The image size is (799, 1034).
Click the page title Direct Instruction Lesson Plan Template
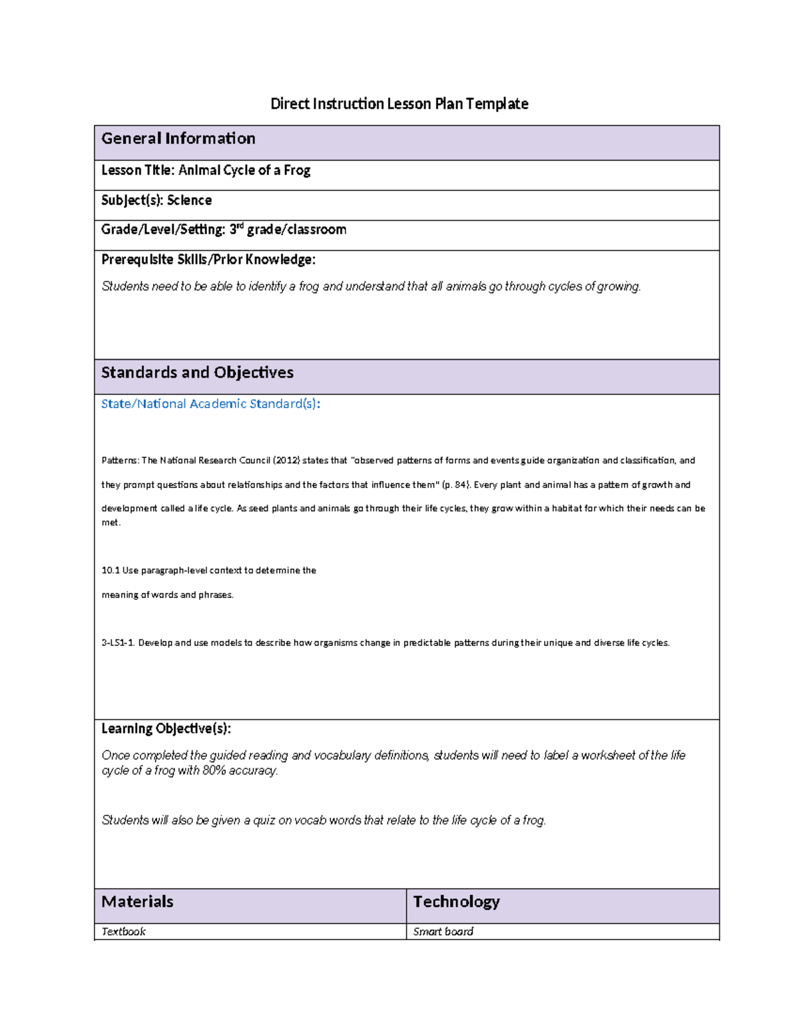coord(399,104)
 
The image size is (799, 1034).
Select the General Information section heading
coord(178,138)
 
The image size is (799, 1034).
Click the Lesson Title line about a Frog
coord(206,170)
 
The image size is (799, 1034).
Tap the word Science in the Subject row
coord(189,200)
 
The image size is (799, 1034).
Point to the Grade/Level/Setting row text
coord(224,230)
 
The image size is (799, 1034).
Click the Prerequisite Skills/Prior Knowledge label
coord(208,260)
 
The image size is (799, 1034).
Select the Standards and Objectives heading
coord(197,372)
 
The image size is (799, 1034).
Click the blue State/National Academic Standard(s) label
coord(210,404)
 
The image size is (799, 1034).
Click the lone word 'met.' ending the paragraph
coord(111,523)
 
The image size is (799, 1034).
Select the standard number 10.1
coord(110,571)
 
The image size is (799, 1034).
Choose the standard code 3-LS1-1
coord(118,643)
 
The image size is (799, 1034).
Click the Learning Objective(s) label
coord(166,729)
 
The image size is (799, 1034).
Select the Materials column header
coord(137,902)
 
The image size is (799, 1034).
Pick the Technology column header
coord(456,902)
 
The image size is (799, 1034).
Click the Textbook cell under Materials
coord(123,931)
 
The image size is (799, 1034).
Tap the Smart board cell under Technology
coord(443,931)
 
